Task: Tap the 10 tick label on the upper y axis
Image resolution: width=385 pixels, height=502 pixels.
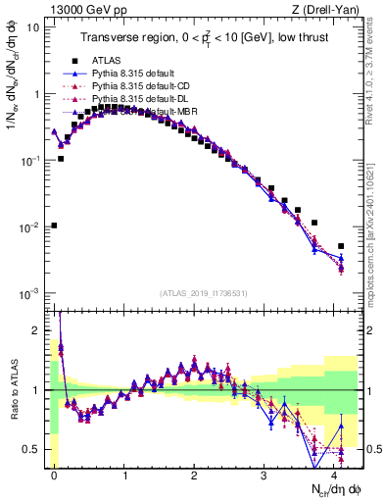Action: point(30,27)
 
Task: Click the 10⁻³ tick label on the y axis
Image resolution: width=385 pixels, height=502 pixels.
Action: point(28,294)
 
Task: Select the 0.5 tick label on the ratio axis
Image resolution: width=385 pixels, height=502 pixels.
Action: point(30,449)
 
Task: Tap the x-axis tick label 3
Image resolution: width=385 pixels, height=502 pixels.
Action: point(265,474)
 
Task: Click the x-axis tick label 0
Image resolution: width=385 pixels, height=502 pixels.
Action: point(54,474)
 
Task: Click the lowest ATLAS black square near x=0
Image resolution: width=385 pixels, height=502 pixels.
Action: point(54,226)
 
